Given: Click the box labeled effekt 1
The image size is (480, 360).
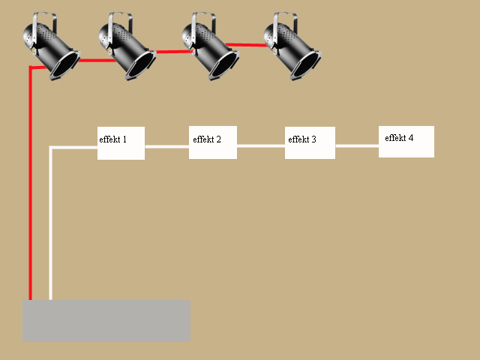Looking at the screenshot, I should [x=121, y=143].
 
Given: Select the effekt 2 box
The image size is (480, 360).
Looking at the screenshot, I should [x=213, y=142].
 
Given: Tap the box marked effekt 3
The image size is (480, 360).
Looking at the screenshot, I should [x=310, y=142].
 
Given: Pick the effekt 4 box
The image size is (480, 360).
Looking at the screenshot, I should [x=406, y=142].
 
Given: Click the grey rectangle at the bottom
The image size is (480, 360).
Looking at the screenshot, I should [x=106, y=321].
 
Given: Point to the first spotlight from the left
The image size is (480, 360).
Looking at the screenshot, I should [x=50, y=47].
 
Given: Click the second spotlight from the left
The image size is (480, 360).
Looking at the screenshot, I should [x=127, y=46].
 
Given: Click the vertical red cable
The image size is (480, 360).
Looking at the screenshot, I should [x=31, y=187].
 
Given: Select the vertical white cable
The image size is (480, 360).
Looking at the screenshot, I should [x=50, y=225].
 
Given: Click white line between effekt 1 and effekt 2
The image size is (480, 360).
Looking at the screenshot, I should [x=166, y=147].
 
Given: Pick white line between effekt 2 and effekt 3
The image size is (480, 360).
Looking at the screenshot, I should [x=261, y=146].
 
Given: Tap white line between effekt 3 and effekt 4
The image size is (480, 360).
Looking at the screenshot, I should [x=357, y=146].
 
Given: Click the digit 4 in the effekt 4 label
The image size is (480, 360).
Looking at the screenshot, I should [x=410, y=138].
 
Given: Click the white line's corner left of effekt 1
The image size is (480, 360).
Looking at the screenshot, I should [x=50, y=148].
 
